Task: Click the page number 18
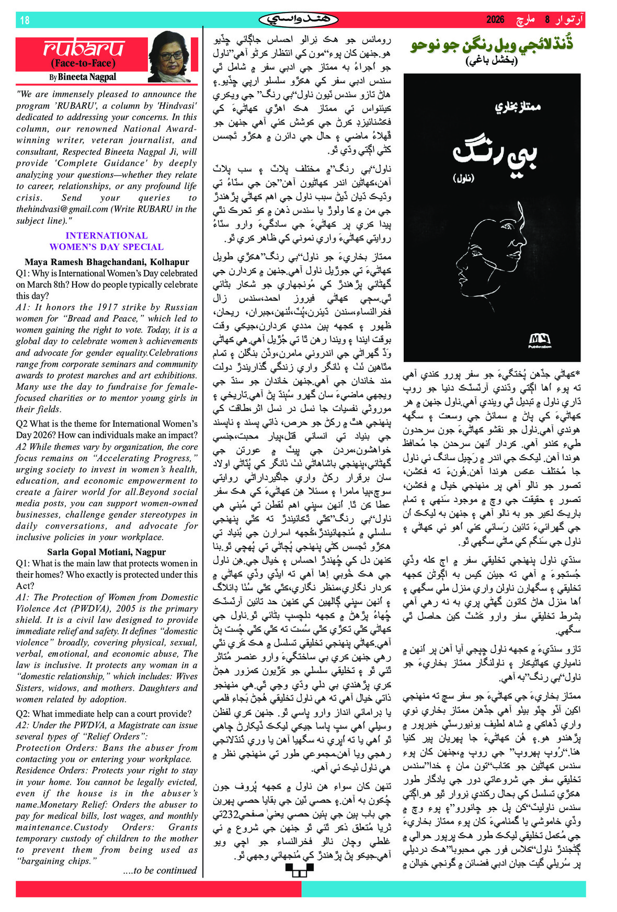[x=25, y=20]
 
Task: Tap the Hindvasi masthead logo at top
[x=298, y=19]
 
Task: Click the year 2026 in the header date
[x=495, y=20]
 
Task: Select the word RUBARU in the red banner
[x=83, y=49]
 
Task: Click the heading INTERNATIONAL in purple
[x=107, y=235]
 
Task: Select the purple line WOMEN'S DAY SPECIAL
[x=107, y=247]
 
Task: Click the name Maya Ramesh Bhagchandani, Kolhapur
[x=107, y=262]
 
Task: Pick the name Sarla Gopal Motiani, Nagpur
[x=107, y=552]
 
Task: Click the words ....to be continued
[x=160, y=870]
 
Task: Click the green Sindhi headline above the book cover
[x=492, y=44]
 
